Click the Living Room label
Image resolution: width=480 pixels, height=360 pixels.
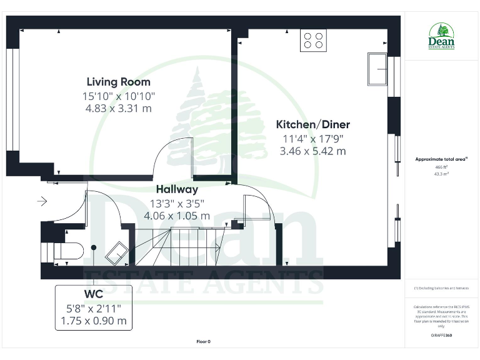(x=118, y=82)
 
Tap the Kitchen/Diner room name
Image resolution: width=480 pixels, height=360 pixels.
(x=312, y=124)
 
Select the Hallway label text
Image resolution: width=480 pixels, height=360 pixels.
(x=177, y=189)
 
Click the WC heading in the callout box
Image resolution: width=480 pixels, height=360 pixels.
(x=93, y=293)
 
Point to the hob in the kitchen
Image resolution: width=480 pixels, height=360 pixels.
(x=314, y=41)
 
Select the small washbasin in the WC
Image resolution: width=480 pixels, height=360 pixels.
(x=117, y=253)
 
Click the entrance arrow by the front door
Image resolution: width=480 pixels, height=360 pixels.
(x=42, y=201)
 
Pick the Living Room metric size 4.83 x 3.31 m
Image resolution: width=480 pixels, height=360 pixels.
(x=118, y=109)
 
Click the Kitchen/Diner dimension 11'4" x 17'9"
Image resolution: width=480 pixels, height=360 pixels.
(x=312, y=138)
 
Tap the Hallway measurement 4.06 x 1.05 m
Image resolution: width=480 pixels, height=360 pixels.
(x=177, y=216)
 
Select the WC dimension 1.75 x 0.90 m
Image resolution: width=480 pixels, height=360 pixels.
(x=93, y=321)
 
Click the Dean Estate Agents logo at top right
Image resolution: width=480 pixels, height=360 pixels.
(x=441, y=36)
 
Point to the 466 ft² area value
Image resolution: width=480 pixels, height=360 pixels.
(x=441, y=167)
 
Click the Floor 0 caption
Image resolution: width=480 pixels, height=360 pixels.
(x=204, y=342)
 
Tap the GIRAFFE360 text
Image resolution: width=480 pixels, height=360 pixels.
(x=441, y=336)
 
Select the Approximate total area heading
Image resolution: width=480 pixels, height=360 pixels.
(x=441, y=159)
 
